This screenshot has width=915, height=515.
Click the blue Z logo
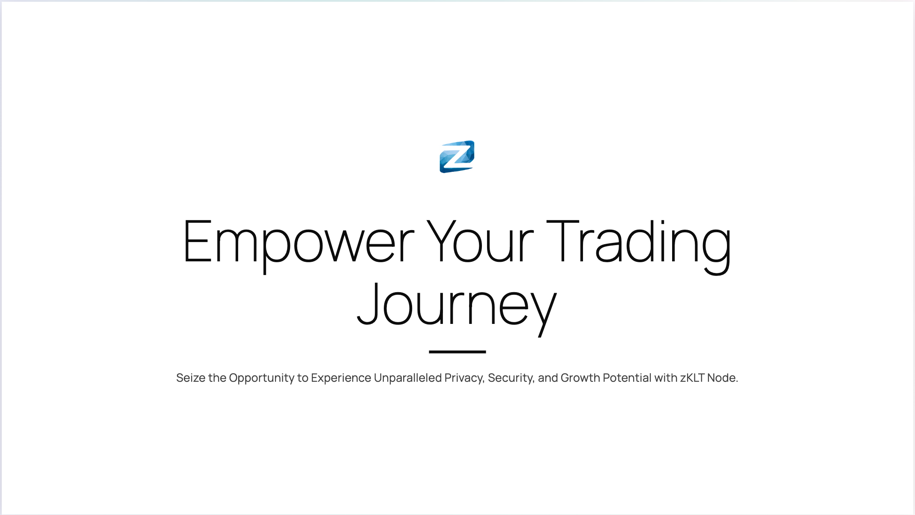pyautogui.click(x=457, y=157)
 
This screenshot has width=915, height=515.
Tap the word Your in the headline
pyautogui.click(x=480, y=241)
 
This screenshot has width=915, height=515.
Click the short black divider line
pyautogui.click(x=457, y=352)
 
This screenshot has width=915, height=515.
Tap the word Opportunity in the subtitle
pyautogui.click(x=262, y=378)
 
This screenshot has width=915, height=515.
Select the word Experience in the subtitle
pyautogui.click(x=341, y=378)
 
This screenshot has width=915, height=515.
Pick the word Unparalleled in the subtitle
pyautogui.click(x=408, y=378)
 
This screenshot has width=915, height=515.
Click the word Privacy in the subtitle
pyautogui.click(x=464, y=378)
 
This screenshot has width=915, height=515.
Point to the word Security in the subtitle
pyautogui.click(x=511, y=378)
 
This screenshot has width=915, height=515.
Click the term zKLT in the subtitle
pyautogui.click(x=692, y=378)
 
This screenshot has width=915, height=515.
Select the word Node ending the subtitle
pyautogui.click(x=723, y=378)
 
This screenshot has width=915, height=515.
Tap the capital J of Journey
pyautogui.click(x=368, y=303)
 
